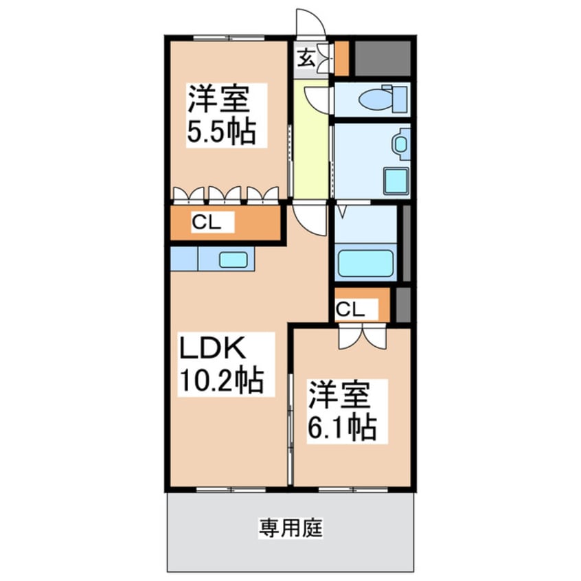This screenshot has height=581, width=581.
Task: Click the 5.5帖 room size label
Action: [x=222, y=132]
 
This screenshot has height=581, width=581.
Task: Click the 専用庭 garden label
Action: [x=290, y=529]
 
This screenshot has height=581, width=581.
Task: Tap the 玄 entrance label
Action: [x=306, y=58]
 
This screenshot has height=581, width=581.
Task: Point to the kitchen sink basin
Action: [x=233, y=260]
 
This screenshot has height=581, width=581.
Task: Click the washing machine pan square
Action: [x=396, y=181]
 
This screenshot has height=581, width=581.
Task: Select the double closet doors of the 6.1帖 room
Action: [x=362, y=336]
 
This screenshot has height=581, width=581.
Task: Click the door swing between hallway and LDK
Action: [x=310, y=218]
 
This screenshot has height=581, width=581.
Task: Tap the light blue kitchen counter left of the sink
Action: [x=183, y=259]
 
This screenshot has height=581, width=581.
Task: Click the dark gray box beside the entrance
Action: [x=382, y=59]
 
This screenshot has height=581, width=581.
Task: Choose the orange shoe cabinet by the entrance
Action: [x=341, y=59]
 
